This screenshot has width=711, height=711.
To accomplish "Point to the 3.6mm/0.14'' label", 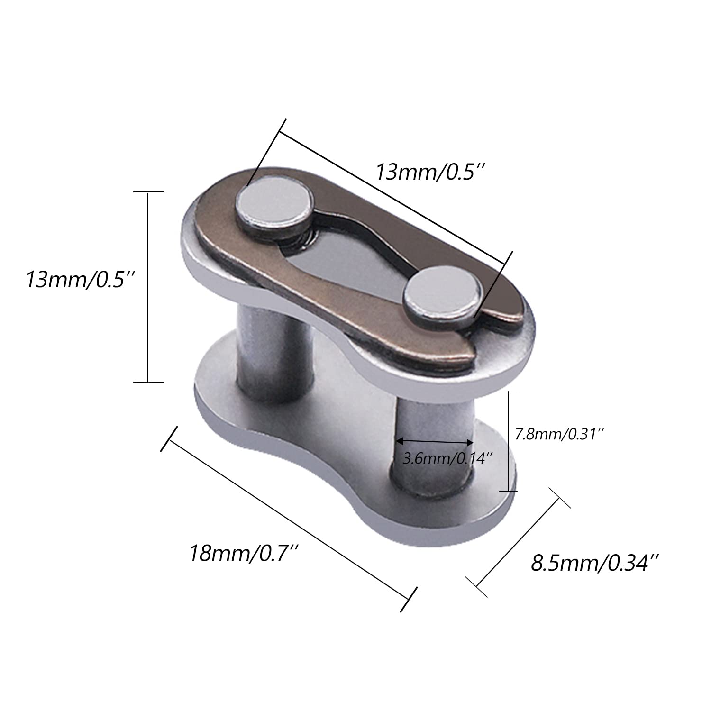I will (448, 458).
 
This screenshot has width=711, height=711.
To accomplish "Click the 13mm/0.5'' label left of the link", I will (81, 280).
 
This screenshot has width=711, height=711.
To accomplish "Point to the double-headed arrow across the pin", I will (435, 441).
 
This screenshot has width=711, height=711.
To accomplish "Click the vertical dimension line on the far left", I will (148, 287).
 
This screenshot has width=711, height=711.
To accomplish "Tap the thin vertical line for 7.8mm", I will (509, 441).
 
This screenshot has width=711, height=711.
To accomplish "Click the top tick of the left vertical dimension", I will (148, 192).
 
